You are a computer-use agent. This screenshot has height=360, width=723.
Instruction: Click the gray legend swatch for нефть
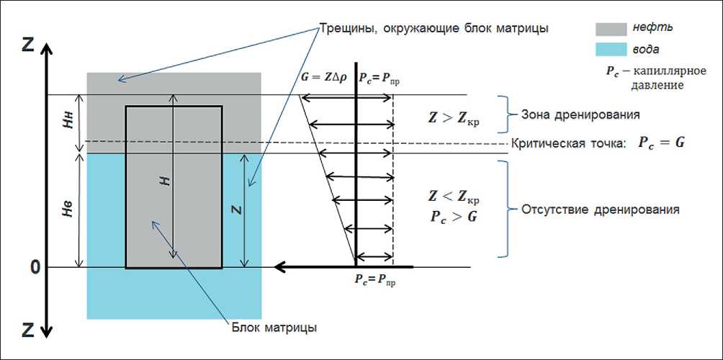pos(611,28)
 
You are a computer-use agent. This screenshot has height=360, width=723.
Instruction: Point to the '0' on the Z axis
pos(34,267)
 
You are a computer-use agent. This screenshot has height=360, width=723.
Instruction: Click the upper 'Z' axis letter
pos(28,45)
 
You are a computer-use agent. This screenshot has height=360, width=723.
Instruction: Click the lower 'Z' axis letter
pos(28,330)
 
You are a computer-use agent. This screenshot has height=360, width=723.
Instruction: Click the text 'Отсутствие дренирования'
pos(596,211)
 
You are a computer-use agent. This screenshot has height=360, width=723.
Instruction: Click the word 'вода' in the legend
pos(648,49)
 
